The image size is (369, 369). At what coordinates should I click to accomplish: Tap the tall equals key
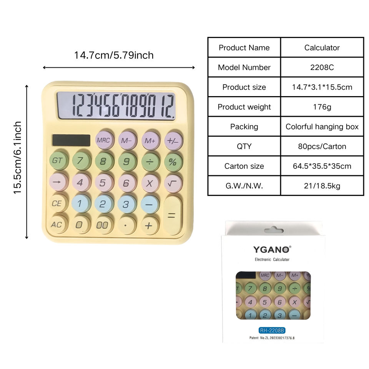tap(173, 216)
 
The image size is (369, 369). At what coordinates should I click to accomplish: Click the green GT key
tap(58, 161)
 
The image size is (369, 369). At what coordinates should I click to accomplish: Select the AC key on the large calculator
tap(57, 224)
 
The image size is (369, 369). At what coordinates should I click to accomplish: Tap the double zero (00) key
tap(103, 225)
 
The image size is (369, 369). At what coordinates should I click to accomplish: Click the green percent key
tap(173, 162)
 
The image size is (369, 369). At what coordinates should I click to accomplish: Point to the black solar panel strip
tap(71, 140)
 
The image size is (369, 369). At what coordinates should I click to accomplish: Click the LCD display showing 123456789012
tap(116, 106)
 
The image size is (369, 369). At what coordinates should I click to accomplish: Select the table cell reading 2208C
tap(322, 67)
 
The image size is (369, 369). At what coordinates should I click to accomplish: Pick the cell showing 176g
tap(322, 107)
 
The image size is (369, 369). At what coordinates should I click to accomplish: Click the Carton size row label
tap(244, 166)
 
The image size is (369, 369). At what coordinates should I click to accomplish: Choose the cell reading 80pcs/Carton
tap(322, 146)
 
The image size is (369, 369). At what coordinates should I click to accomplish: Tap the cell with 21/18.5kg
tap(322, 186)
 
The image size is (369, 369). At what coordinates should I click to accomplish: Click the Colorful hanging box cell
tap(322, 126)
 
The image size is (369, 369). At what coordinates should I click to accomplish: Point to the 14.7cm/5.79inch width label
tap(114, 55)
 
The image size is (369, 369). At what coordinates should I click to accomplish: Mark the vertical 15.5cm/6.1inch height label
tap(18, 158)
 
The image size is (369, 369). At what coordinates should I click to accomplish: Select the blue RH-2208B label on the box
tap(272, 330)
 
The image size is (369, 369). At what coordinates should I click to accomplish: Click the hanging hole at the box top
tap(273, 230)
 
